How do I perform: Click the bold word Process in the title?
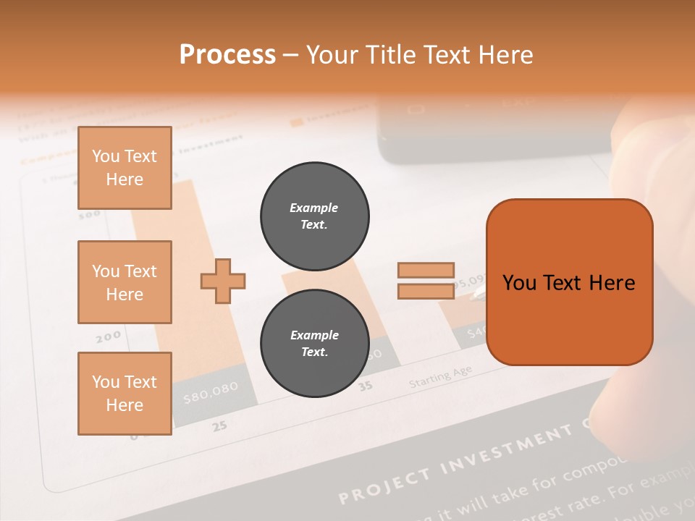[x=227, y=55]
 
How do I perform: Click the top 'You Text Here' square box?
[x=125, y=168]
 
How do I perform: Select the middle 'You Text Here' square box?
[x=125, y=282]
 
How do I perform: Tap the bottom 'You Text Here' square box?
[x=125, y=394]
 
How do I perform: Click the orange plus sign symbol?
[x=223, y=280]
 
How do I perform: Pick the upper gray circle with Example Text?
[x=314, y=216]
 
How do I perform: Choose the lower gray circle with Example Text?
[x=314, y=343]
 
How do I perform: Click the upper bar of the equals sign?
[x=426, y=271]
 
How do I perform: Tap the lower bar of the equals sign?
[x=426, y=292]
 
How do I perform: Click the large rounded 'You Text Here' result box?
[x=569, y=282]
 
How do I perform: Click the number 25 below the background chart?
[x=219, y=425]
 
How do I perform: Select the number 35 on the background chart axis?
[x=366, y=386]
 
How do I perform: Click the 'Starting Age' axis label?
[x=439, y=377]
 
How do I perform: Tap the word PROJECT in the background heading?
[x=386, y=486]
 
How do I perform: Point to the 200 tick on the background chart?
[x=108, y=337]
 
